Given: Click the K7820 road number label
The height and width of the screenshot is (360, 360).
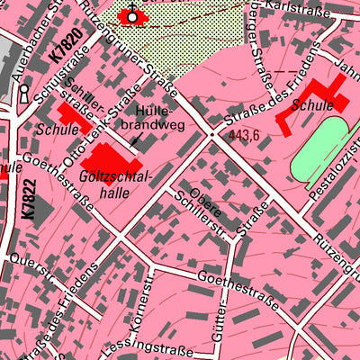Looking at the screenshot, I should [x=59, y=48].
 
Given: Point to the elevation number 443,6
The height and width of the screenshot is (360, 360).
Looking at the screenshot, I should [x=244, y=136].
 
